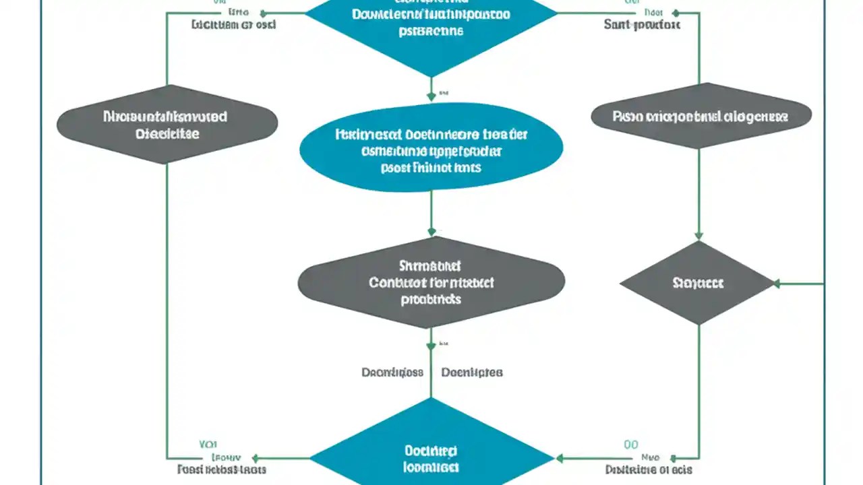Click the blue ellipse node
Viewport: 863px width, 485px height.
pos(431,148)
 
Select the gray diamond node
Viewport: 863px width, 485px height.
pos(698,283)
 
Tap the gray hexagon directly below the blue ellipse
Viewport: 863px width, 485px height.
pos(431,282)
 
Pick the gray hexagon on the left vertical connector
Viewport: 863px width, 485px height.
pos(167,125)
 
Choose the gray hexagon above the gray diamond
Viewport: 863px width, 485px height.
pos(701,116)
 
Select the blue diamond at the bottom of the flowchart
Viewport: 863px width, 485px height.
pos(431,455)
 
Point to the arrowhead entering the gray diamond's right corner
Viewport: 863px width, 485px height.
pos(777,284)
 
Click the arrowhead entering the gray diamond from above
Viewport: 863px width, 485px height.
pos(698,236)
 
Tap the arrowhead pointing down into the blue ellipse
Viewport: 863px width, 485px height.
pos(431,97)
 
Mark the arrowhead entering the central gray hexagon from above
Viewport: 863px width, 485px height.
pos(431,232)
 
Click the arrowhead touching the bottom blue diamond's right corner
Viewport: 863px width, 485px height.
pos(559,459)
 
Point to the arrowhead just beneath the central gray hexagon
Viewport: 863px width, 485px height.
pos(431,346)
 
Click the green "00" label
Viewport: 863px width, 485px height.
pos(630,445)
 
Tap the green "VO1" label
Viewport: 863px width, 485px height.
pos(208,445)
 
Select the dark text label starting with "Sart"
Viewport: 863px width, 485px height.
pos(642,25)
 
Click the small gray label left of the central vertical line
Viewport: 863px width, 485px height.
pos(392,372)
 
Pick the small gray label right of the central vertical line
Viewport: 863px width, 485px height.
pos(471,372)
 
